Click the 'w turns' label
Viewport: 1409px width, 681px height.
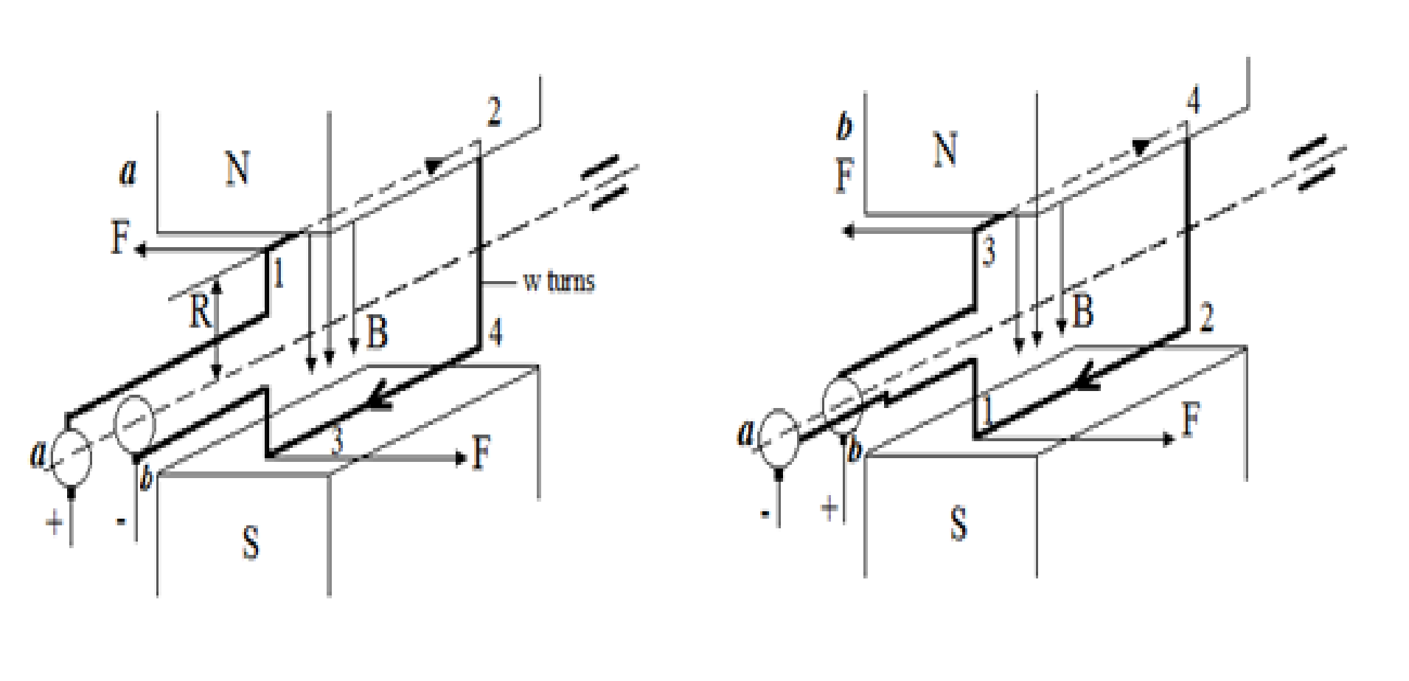(558, 281)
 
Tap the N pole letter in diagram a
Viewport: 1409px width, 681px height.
(237, 168)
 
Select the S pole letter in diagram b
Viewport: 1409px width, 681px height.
(958, 525)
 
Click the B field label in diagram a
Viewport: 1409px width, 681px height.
(377, 331)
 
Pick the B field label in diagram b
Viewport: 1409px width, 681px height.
(1082, 311)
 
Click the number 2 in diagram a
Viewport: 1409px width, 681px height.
(494, 111)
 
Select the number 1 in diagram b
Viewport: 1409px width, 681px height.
(987, 410)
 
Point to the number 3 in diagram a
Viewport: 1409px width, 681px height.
(337, 440)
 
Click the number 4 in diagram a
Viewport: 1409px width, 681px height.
(495, 333)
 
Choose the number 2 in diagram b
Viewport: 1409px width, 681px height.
(1206, 317)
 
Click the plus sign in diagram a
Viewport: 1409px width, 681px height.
(55, 523)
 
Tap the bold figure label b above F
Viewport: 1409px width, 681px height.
(845, 128)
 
